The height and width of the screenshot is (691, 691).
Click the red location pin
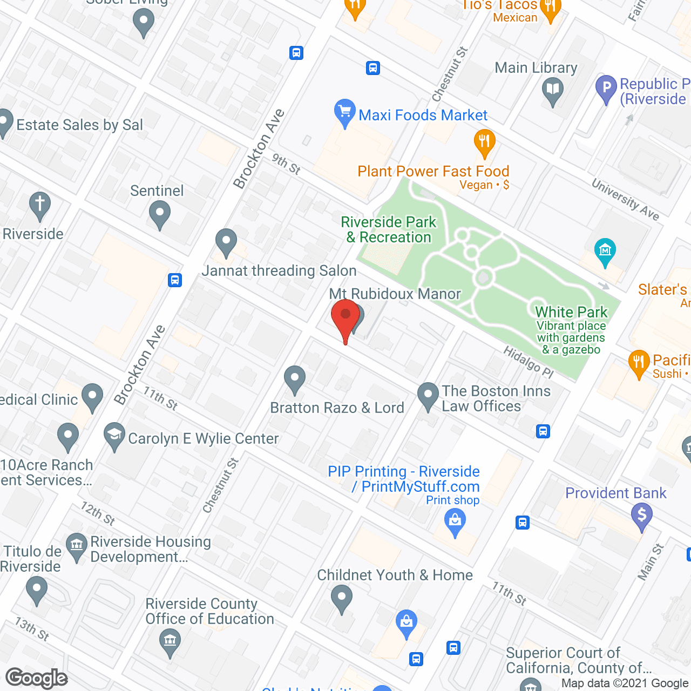coord(345,318)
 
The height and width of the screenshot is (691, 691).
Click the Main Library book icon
coord(553,90)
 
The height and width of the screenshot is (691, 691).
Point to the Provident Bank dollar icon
coord(641,515)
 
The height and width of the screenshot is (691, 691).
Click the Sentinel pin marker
coord(159,213)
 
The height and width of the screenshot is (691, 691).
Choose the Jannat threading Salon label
coord(279,270)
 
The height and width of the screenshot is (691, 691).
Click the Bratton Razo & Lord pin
coord(295,378)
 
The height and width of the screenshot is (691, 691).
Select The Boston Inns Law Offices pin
coord(428,396)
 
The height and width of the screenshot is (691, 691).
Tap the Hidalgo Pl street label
coord(529,362)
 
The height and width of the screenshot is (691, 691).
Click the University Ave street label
coord(625,200)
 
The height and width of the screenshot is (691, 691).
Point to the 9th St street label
coord(286,164)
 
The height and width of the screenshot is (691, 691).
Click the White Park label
coord(571,312)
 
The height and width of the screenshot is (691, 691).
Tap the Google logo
coord(37,678)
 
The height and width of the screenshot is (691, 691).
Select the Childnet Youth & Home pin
coord(341,598)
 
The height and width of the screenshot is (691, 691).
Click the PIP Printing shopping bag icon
coord(455,521)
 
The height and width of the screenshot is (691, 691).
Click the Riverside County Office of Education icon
coord(170,642)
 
